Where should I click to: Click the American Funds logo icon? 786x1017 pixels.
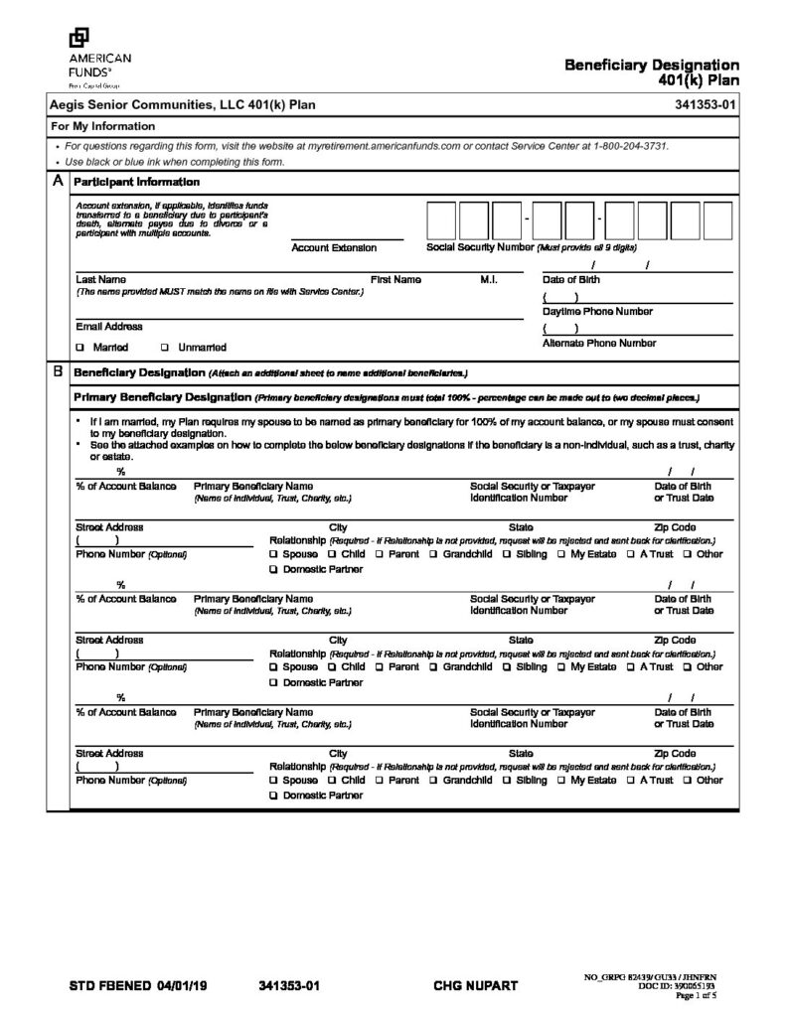point(78,38)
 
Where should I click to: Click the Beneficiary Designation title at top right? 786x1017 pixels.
point(652,66)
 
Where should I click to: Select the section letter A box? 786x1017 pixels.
point(58,182)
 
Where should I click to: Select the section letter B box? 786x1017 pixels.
point(58,372)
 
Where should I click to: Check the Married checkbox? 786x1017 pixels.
point(79,348)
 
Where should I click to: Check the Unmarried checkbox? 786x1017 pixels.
point(164,348)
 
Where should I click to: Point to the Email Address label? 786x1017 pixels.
point(108,326)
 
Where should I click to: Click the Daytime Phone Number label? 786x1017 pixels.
point(597,312)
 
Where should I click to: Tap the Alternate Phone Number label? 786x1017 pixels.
point(598,343)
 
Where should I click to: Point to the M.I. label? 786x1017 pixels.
point(489,280)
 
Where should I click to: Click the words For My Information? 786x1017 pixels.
point(103,126)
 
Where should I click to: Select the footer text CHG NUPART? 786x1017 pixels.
point(476,986)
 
